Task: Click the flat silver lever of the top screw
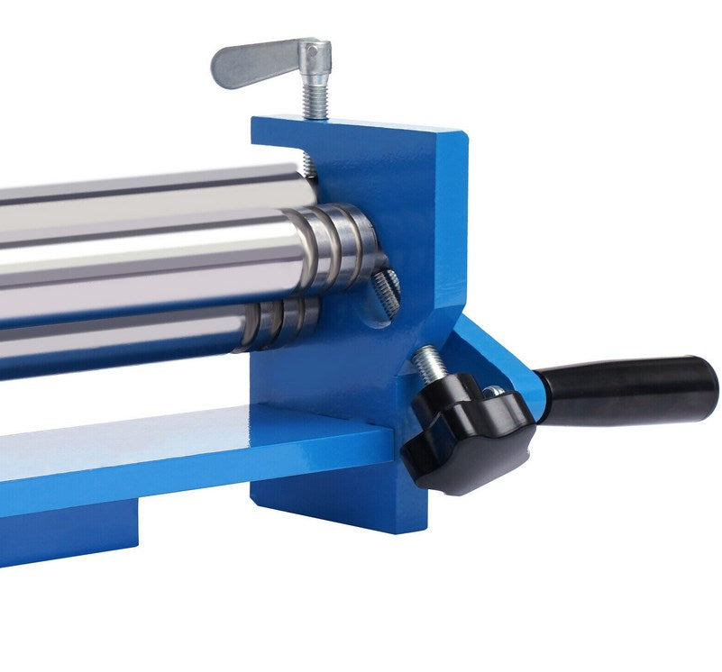(248, 63)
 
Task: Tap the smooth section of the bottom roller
(117, 347)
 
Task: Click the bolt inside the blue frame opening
(385, 293)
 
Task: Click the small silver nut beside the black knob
(494, 392)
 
